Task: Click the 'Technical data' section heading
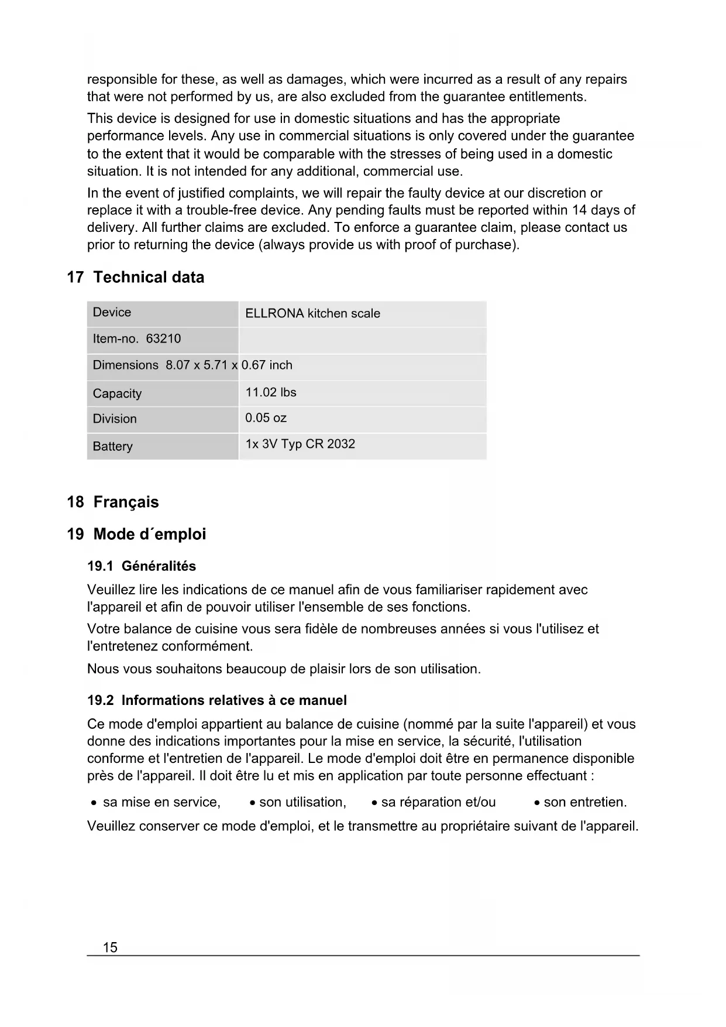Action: point(149,278)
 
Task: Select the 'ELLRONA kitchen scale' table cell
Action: point(312,314)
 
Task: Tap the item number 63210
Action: point(163,339)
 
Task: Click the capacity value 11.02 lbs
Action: point(271,392)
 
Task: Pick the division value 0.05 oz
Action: point(266,418)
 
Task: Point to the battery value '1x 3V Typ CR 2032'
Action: point(300,444)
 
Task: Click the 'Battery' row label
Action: point(112,446)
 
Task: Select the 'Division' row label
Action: point(115,419)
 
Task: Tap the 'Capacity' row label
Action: point(117,393)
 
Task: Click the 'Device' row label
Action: point(112,313)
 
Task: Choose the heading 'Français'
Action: point(126,502)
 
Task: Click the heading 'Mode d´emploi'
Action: point(150,535)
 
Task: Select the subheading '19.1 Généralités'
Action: point(142,566)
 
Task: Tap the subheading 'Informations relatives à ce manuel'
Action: point(234,701)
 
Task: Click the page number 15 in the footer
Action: point(110,947)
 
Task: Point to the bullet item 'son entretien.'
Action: point(585,803)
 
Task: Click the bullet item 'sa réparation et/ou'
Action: point(438,803)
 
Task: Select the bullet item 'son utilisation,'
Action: point(302,803)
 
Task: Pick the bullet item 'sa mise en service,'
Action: point(161,803)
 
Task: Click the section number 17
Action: point(75,278)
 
